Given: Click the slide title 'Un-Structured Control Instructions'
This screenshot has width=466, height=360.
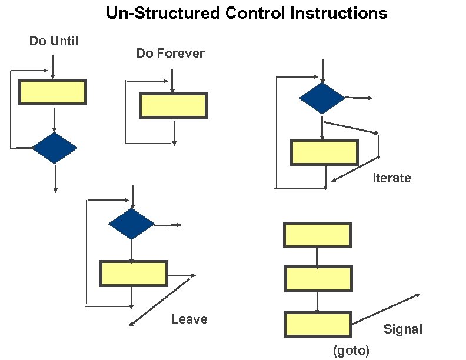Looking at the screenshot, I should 247,13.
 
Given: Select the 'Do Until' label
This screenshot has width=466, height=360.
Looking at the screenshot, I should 54,41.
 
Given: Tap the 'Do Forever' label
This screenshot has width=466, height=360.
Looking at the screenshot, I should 170,54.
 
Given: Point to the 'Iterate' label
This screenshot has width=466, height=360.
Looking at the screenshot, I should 391,178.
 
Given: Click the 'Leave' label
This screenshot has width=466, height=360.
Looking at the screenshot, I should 189,319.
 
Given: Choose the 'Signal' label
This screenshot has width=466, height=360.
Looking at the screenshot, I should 402,329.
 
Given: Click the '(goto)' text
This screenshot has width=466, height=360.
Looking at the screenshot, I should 351,351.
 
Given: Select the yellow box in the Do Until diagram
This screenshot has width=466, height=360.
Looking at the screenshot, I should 52,92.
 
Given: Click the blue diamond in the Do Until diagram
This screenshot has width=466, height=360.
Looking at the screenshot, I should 54,148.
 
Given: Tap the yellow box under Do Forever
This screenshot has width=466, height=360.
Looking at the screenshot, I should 173,105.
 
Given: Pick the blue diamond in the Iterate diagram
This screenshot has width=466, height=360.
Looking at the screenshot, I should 322,98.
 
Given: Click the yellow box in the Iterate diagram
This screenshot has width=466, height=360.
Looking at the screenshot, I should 324,152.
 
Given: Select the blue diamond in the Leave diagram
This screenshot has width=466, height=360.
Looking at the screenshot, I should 131,224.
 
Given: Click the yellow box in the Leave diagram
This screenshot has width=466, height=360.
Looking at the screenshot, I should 134,274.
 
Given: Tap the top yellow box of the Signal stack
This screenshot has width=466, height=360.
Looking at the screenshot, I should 317,235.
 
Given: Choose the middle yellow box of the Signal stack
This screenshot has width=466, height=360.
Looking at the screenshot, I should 318,279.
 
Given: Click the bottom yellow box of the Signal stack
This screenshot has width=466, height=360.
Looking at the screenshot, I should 318,325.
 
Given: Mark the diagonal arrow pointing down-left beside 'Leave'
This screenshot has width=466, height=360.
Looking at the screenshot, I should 161,301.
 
